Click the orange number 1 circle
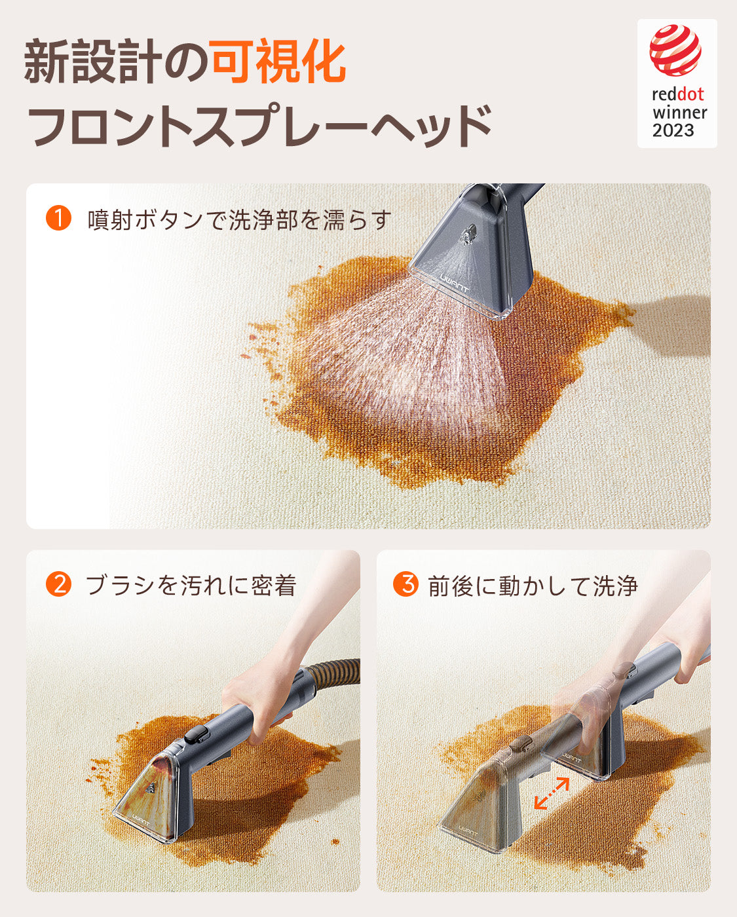click(58, 218)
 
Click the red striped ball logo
click(675, 50)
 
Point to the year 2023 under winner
click(673, 130)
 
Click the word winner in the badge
click(679, 113)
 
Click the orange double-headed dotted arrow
click(552, 793)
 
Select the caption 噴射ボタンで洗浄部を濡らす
click(239, 220)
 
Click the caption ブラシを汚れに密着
click(191, 585)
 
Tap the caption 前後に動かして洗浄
click(533, 585)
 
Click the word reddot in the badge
click(678, 94)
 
